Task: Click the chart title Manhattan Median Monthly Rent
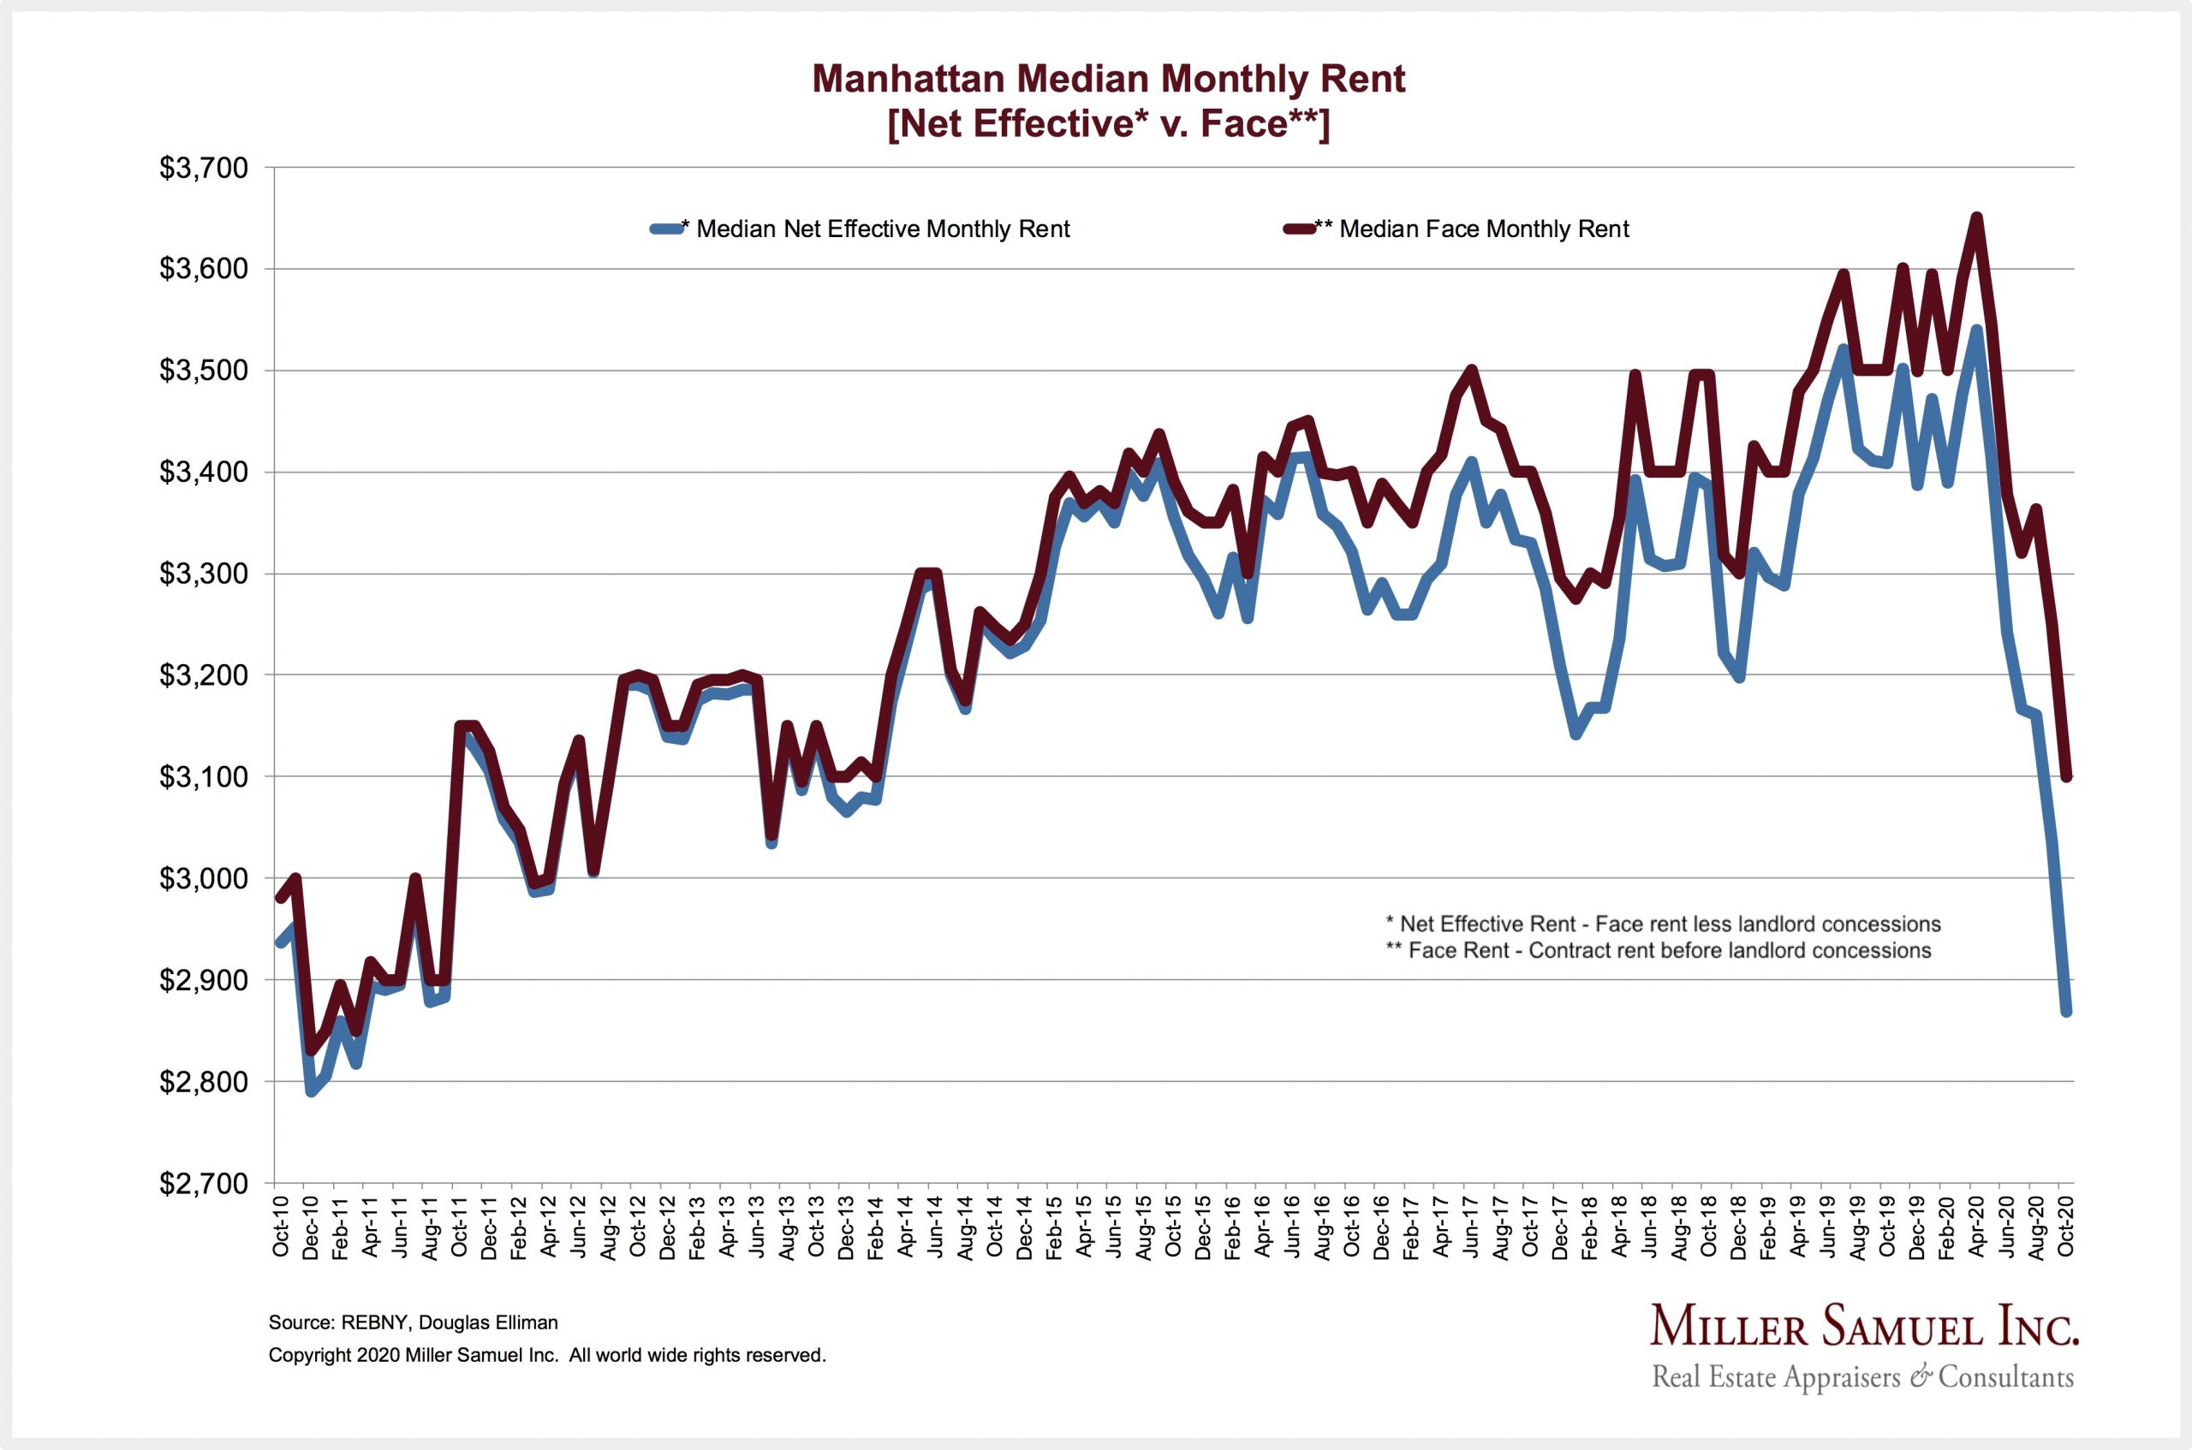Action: point(1108,80)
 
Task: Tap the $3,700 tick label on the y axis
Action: point(204,169)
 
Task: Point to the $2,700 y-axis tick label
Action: point(204,1183)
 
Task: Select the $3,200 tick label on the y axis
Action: point(204,676)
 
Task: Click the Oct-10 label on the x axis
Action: point(280,1225)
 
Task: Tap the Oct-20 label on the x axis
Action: point(2065,1225)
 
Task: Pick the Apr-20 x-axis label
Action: point(1976,1225)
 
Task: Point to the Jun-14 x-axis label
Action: point(935,1225)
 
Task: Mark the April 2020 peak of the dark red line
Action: point(1976,217)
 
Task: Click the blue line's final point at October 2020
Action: point(2065,1013)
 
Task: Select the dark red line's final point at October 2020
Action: point(2065,777)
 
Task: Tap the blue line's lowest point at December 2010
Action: point(310,1092)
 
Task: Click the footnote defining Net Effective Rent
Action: point(1662,924)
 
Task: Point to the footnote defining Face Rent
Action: point(1658,951)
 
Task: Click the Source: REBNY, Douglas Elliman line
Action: point(413,1322)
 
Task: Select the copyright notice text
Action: point(546,1355)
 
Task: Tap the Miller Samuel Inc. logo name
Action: point(1864,1328)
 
